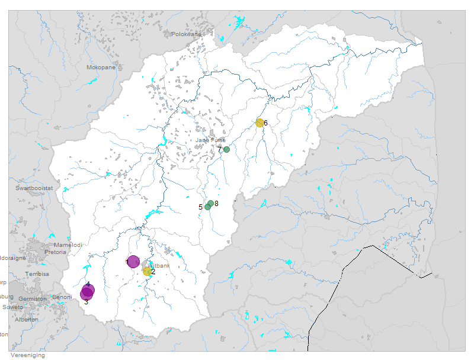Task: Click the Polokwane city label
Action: coord(187,34)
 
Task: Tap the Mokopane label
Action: coord(101,67)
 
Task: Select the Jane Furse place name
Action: coord(211,140)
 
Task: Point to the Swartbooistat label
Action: coord(34,188)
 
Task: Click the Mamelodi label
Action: coord(68,245)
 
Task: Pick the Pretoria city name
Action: coord(55,252)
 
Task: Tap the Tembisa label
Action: coord(37,274)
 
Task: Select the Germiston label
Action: coord(32,299)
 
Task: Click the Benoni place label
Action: coord(62,297)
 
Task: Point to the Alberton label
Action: coord(26,320)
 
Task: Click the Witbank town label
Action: coord(160,266)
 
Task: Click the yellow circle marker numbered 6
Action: coord(260,123)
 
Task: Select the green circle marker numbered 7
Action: coord(226,149)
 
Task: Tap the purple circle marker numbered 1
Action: coord(134,262)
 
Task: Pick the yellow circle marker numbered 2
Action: coord(147,271)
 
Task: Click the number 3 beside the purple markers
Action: coord(86,302)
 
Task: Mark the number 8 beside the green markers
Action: coord(217,204)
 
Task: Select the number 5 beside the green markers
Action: coord(200,207)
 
